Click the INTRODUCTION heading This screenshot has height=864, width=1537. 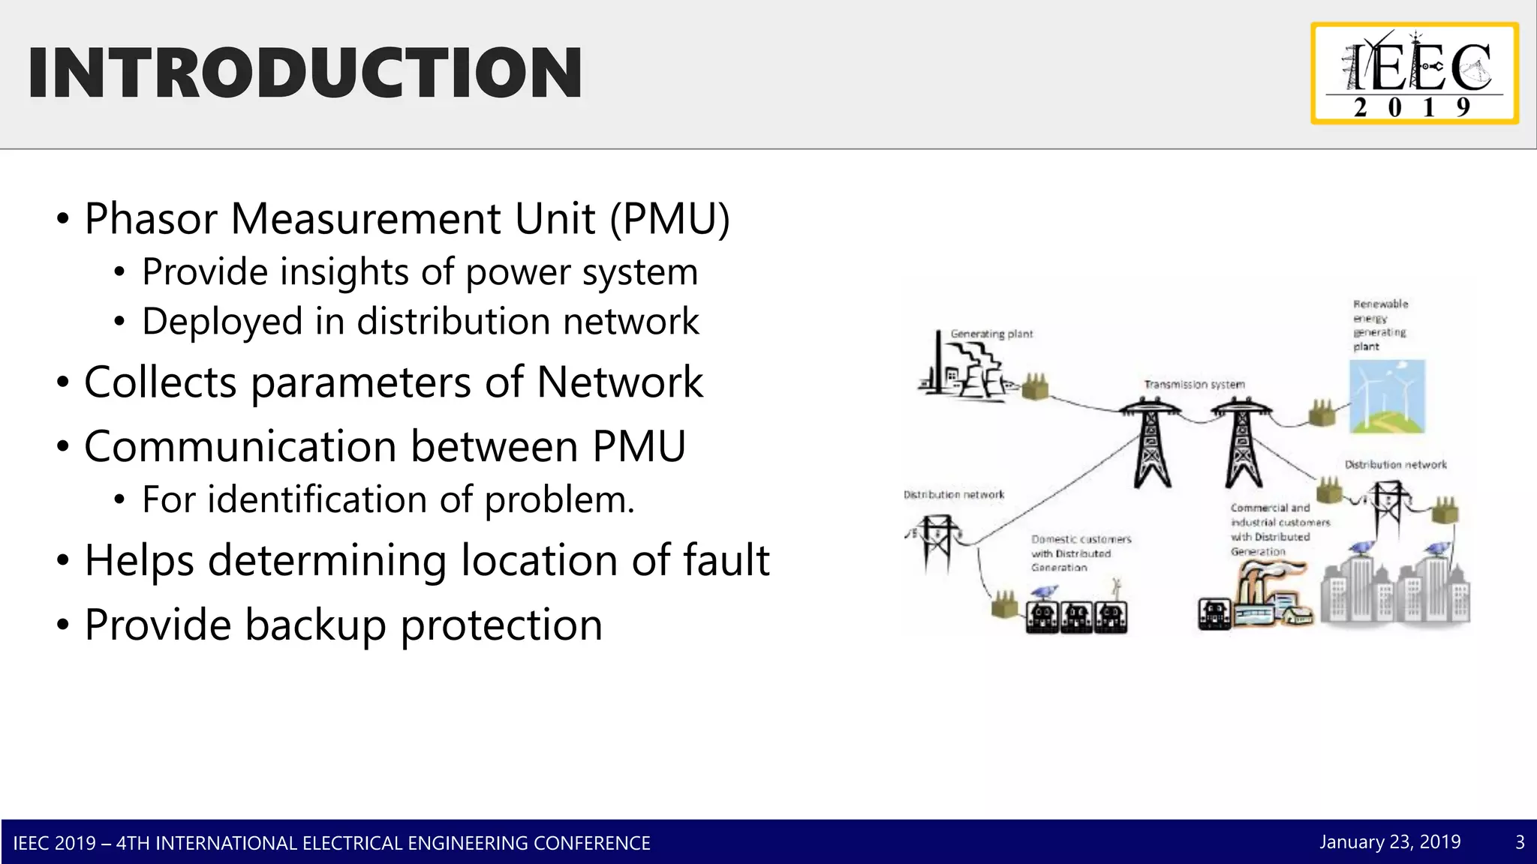[x=305, y=73]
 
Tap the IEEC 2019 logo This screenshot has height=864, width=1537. [x=1415, y=73]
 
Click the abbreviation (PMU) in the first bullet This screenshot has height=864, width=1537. [x=669, y=219]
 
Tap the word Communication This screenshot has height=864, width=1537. [x=240, y=446]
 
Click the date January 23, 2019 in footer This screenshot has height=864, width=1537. [x=1390, y=842]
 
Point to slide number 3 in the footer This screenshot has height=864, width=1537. [x=1520, y=842]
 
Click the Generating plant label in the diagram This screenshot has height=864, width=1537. [x=991, y=334]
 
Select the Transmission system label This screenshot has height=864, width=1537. [x=1194, y=385]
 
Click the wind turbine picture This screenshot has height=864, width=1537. [x=1387, y=396]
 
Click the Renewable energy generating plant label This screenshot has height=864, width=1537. [x=1379, y=325]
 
